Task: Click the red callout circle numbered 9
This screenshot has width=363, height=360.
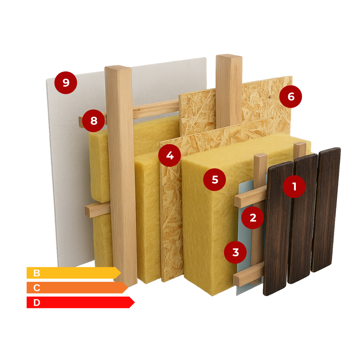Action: [x=66, y=83]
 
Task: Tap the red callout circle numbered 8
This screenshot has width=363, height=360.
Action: [x=93, y=120]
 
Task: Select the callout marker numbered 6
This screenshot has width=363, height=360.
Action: [x=291, y=97]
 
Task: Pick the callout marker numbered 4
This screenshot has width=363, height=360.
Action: [x=170, y=155]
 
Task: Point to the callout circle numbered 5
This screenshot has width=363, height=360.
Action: [x=215, y=180]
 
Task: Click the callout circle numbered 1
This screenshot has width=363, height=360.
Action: [x=294, y=186]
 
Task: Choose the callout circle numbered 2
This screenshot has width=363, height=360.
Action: [x=253, y=218]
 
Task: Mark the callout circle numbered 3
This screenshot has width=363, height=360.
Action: [x=235, y=252]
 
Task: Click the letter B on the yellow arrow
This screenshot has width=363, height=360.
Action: [x=37, y=273]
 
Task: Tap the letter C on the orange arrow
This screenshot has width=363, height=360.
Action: [x=37, y=288]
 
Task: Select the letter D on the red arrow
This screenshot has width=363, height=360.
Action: [x=37, y=303]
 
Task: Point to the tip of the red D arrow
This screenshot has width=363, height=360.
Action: [x=135, y=302]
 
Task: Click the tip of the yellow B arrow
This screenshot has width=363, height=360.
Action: [x=121, y=273]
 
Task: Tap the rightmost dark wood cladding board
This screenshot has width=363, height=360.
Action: [x=326, y=210]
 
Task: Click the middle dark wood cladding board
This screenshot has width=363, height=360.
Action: [x=302, y=218]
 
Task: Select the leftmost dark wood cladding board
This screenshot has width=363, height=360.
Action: [x=278, y=228]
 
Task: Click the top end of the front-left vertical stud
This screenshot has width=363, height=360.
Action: [x=118, y=67]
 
